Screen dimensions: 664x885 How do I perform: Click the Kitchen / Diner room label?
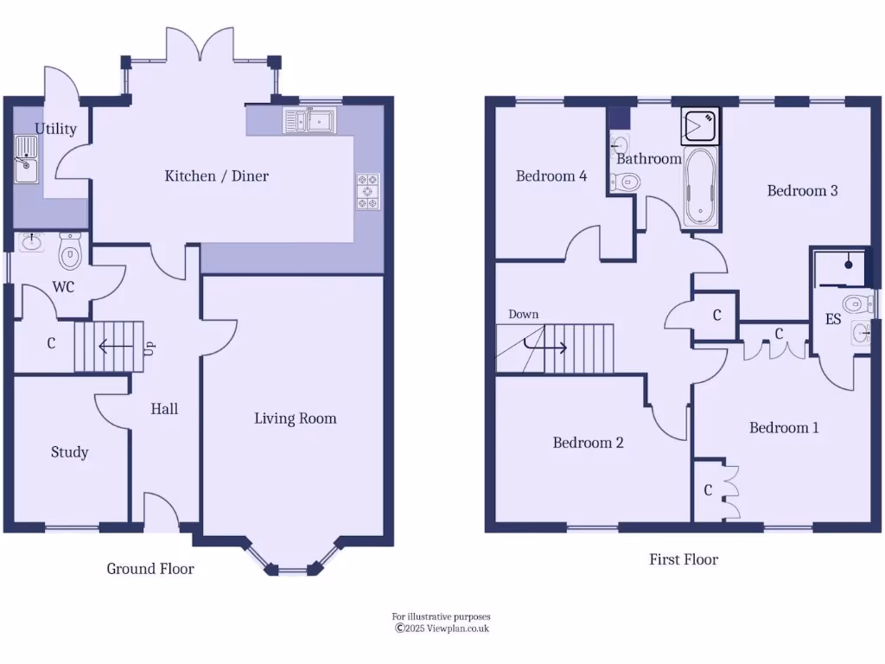[x=216, y=176]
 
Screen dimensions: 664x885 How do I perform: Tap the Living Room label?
[x=295, y=418]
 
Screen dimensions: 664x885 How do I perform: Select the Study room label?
[x=69, y=452]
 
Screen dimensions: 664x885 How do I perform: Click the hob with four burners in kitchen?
[x=368, y=191]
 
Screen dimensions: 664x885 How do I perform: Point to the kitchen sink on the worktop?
[x=309, y=121]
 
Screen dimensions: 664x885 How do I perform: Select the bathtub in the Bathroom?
[x=701, y=189]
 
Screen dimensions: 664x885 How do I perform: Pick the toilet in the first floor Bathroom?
[x=625, y=182]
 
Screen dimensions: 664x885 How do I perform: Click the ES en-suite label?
[x=833, y=319]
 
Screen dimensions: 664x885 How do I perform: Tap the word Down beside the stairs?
[x=523, y=314]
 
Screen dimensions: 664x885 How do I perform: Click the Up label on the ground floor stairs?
[x=149, y=348]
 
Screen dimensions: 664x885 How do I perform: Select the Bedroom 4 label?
[x=551, y=176]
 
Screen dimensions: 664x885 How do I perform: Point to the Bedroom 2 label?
[x=588, y=443]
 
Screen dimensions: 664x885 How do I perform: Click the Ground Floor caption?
[x=150, y=569]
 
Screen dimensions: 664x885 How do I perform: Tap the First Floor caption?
[x=684, y=559]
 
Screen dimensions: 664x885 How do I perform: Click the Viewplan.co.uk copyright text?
[x=442, y=629]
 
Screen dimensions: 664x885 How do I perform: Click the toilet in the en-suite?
[x=858, y=303]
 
